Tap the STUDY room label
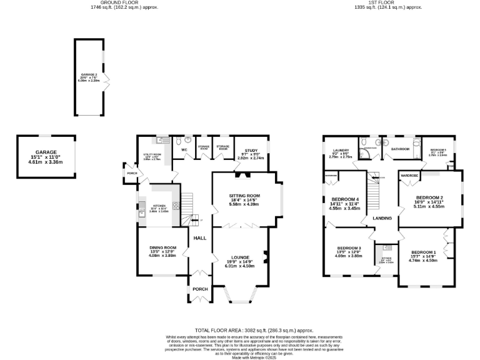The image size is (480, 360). (x=251, y=150)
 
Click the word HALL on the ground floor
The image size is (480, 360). (x=199, y=238)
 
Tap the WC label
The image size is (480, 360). (x=185, y=150)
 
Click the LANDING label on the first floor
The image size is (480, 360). (x=382, y=218)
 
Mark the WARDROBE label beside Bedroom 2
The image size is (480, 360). (x=409, y=177)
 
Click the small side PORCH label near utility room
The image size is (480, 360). (x=132, y=173)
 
